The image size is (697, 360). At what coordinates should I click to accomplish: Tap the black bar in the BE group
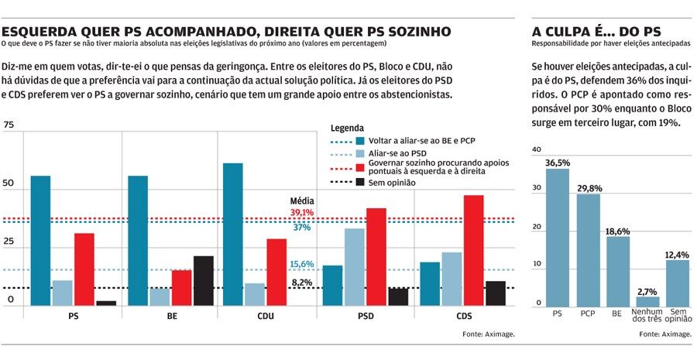coord(203,280)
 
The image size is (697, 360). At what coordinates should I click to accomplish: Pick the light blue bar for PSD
coord(354,266)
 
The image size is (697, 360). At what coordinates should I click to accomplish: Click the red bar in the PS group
coord(84,269)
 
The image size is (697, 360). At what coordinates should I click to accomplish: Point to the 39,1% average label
coord(301,212)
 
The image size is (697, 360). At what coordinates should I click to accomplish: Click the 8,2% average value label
coord(301,283)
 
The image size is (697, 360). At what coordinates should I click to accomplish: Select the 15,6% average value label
coord(301,264)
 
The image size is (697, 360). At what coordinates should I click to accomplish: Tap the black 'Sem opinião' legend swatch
coord(360,182)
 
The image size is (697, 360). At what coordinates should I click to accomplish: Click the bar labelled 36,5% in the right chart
coord(558,236)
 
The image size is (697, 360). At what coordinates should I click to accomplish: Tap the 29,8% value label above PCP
coord(588,187)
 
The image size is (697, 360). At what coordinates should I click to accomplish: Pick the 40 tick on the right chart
coord(537,150)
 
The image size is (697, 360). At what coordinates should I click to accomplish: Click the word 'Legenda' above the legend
coord(347,128)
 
